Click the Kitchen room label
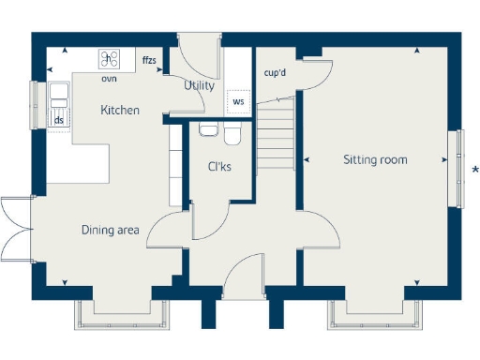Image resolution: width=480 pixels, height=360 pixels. coord(120,111)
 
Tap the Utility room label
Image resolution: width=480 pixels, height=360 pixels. coord(199,85)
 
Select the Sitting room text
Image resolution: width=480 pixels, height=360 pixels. coord(375,160)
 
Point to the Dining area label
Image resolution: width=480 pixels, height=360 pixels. coord(111,229)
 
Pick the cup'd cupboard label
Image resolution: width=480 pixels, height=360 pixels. coord(276,72)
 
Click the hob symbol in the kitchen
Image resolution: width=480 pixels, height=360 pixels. coord(110,59)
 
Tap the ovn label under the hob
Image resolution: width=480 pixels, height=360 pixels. coord(109,79)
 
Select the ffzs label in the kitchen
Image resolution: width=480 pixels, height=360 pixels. coord(149,61)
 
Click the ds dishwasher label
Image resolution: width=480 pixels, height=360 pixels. coord(58,120)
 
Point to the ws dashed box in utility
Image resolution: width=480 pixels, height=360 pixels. coord(238,101)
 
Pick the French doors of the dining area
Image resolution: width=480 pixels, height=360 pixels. coord(17,231)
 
